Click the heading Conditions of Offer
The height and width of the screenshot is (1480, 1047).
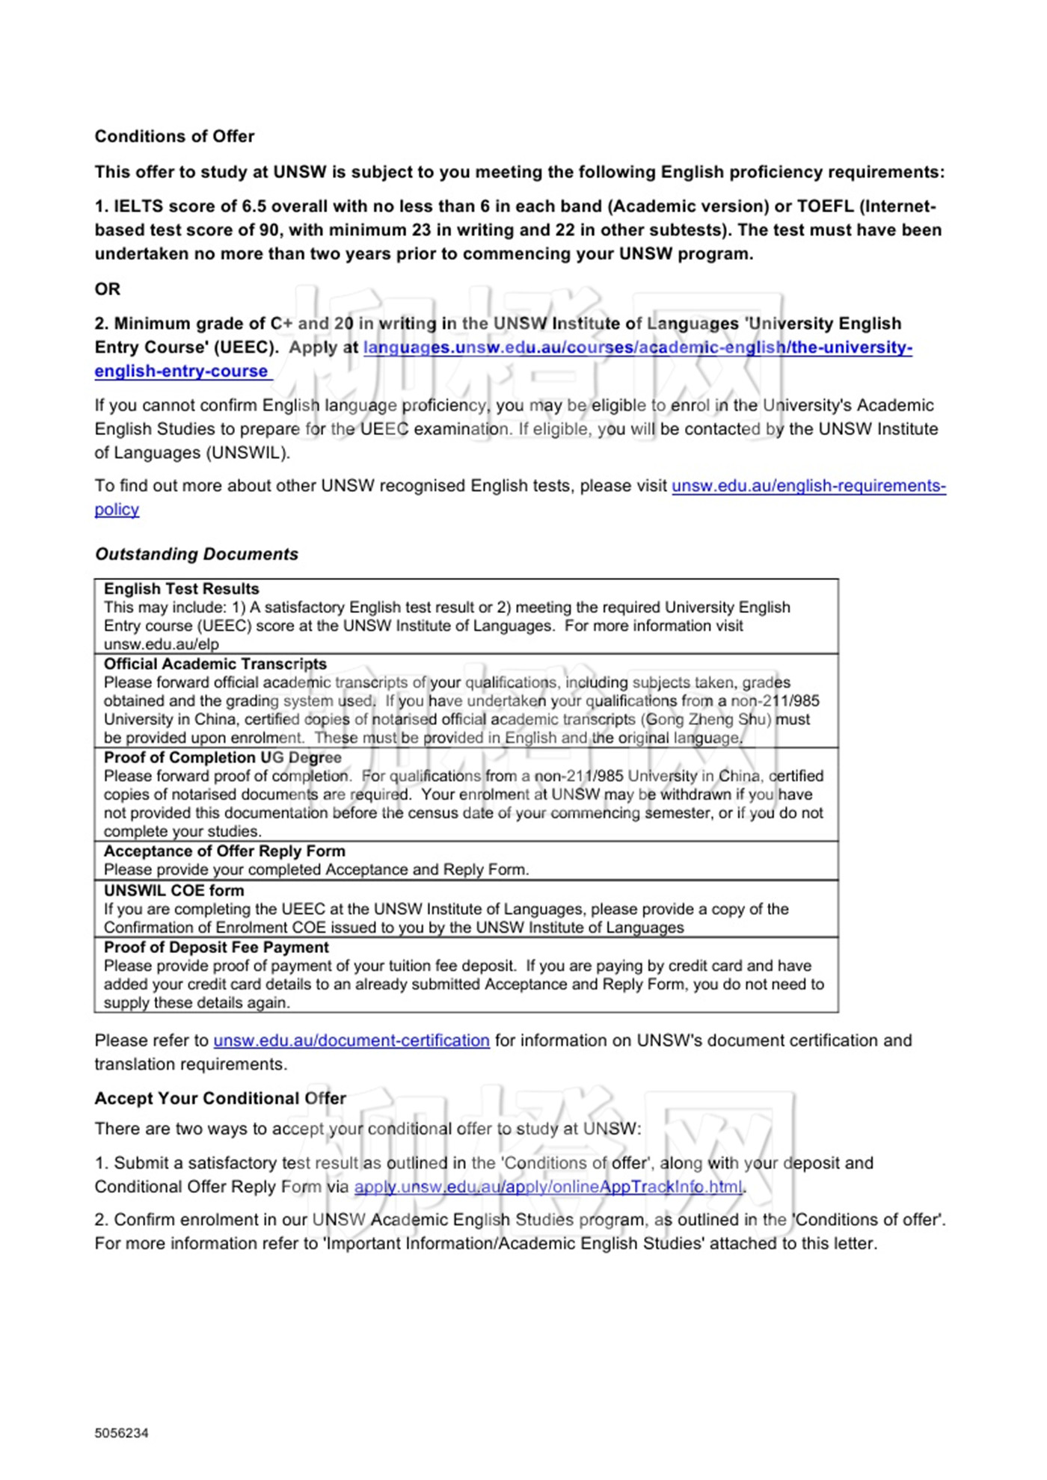[x=174, y=136]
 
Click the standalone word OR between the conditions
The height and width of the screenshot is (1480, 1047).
[x=107, y=289]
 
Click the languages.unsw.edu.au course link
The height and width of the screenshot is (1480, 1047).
[x=637, y=348]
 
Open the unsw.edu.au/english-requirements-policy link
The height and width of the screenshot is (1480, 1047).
[x=808, y=486]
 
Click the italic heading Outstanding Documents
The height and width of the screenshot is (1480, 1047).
[x=196, y=554]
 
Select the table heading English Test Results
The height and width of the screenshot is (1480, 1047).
[x=181, y=589]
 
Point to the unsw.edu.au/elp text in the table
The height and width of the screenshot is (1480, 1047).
[x=161, y=644]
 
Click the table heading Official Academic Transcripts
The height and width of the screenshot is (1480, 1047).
[x=215, y=664]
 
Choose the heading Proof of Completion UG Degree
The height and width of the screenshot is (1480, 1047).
[x=222, y=757]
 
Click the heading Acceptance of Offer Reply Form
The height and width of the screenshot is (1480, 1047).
[x=224, y=851]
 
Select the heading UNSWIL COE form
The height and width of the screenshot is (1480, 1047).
[x=174, y=890]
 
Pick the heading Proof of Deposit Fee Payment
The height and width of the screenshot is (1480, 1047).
[x=216, y=947]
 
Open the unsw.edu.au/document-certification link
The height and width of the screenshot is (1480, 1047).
[x=351, y=1040]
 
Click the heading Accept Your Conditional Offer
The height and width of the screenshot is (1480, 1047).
[x=220, y=1098]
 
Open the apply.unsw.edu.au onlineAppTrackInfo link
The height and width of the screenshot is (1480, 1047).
[x=547, y=1187]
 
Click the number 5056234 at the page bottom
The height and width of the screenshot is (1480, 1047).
[x=121, y=1433]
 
